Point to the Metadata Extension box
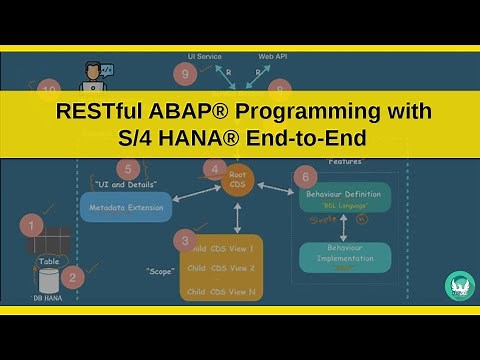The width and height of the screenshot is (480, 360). point(126,207)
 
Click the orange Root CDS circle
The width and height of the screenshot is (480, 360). point(239,181)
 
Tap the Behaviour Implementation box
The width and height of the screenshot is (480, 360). point(345,256)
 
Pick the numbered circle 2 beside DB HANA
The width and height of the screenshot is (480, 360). point(72,276)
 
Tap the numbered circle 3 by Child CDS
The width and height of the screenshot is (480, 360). point(183,240)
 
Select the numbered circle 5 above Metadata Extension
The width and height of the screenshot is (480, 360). point(128,170)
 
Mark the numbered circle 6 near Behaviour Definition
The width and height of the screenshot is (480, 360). point(305,176)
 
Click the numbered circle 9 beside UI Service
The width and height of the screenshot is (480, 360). point(183,73)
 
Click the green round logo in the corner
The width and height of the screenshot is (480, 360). point(459,285)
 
